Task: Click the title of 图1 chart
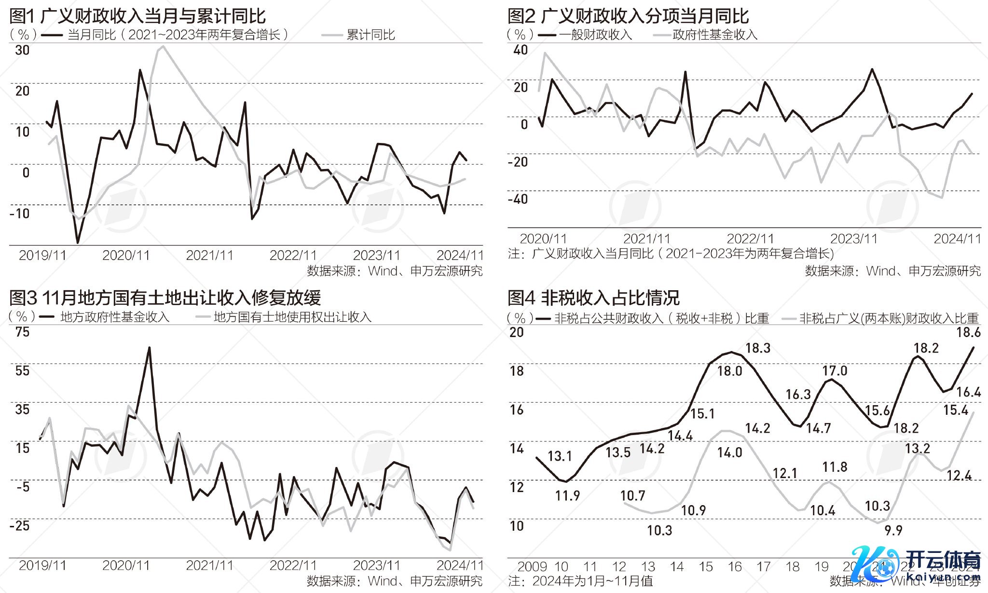(x=137, y=16)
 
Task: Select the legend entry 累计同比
(x=370, y=35)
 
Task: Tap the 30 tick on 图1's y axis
(x=22, y=50)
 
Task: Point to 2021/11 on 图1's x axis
(x=209, y=255)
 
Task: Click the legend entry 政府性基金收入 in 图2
(x=714, y=35)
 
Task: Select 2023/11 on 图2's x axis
(x=853, y=239)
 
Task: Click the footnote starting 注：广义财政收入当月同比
(x=671, y=254)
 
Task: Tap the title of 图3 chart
(x=165, y=298)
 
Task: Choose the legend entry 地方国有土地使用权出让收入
(x=292, y=317)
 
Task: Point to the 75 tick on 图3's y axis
(x=22, y=332)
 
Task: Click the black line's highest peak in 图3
(x=149, y=348)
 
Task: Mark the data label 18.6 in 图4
(x=968, y=332)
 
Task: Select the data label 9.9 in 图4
(x=893, y=531)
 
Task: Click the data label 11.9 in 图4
(x=567, y=496)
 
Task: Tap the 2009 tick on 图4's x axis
(x=532, y=566)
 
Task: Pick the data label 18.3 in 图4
(x=757, y=348)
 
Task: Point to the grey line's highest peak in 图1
(x=163, y=46)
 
